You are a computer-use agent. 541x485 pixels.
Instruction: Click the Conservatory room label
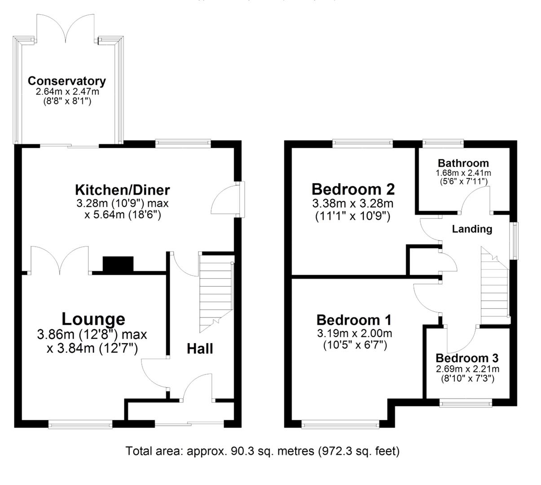(x=67, y=81)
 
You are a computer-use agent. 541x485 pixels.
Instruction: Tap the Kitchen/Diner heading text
(x=122, y=190)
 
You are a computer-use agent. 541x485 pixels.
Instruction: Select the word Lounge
(x=93, y=319)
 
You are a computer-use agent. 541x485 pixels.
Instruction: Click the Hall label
(x=200, y=348)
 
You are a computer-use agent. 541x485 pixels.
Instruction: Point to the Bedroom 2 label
(x=353, y=189)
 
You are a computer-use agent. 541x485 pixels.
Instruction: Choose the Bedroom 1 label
(x=354, y=320)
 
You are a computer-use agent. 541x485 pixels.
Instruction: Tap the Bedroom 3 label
(x=467, y=358)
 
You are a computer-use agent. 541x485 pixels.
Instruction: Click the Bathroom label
(x=463, y=163)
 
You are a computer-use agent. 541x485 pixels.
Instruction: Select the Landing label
(x=472, y=229)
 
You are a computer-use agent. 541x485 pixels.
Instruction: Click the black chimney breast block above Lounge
(x=118, y=264)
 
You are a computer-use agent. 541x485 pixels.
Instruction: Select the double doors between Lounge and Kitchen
(x=59, y=260)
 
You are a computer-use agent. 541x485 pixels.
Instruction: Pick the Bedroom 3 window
(x=466, y=404)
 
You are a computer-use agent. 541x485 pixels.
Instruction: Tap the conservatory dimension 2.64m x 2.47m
(x=67, y=92)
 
